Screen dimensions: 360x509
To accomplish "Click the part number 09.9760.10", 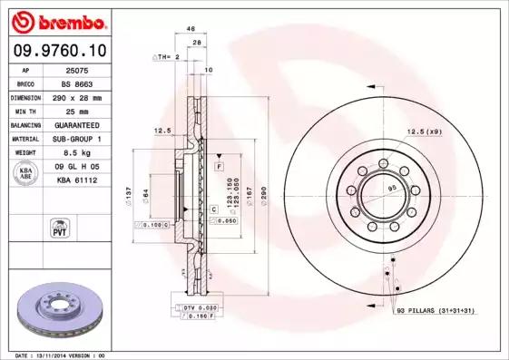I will coord(60,52).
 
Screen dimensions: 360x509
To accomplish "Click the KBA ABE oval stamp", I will coord(27,173).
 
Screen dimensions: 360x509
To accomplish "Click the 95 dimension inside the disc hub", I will coord(392,188).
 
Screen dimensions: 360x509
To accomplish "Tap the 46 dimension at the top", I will coord(191,29).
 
